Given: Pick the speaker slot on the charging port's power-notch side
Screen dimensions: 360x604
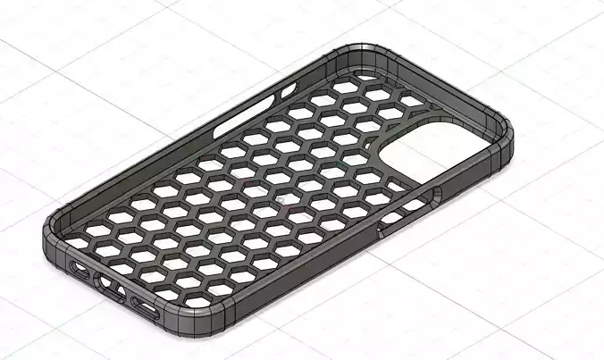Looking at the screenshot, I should (x=146, y=308).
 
